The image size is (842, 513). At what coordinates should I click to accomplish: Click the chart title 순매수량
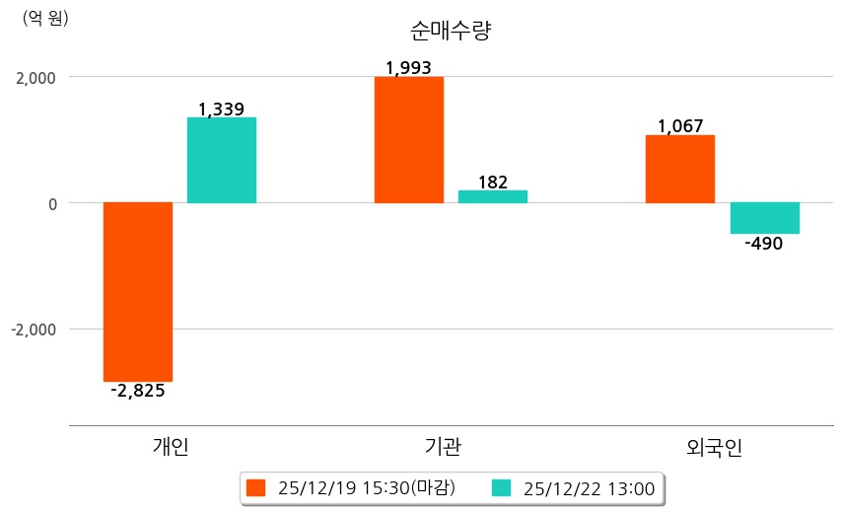click(x=450, y=31)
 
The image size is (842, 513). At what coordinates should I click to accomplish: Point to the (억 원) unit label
click(x=45, y=18)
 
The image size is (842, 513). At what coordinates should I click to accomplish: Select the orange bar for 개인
click(x=138, y=291)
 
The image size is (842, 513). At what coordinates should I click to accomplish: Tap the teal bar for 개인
click(x=222, y=160)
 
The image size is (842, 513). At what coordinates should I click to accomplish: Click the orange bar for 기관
click(x=409, y=140)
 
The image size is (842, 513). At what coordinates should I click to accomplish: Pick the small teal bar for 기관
click(x=493, y=196)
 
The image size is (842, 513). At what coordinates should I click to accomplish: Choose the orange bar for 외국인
click(x=680, y=169)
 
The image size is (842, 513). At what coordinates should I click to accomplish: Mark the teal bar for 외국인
click(x=764, y=218)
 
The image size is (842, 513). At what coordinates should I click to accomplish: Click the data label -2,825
click(x=138, y=391)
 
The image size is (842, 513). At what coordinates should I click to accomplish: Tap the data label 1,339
click(x=222, y=110)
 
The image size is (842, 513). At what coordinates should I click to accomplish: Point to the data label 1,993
click(x=409, y=68)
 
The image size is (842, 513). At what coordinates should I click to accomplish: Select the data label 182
click(x=493, y=182)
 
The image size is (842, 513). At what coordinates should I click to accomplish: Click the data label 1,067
click(x=680, y=126)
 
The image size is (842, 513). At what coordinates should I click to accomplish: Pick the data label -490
click(x=764, y=244)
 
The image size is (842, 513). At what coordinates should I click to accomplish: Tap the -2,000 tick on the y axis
click(x=34, y=330)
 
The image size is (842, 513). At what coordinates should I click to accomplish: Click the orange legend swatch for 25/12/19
click(x=256, y=487)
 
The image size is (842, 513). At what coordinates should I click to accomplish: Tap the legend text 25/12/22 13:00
click(x=589, y=487)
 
